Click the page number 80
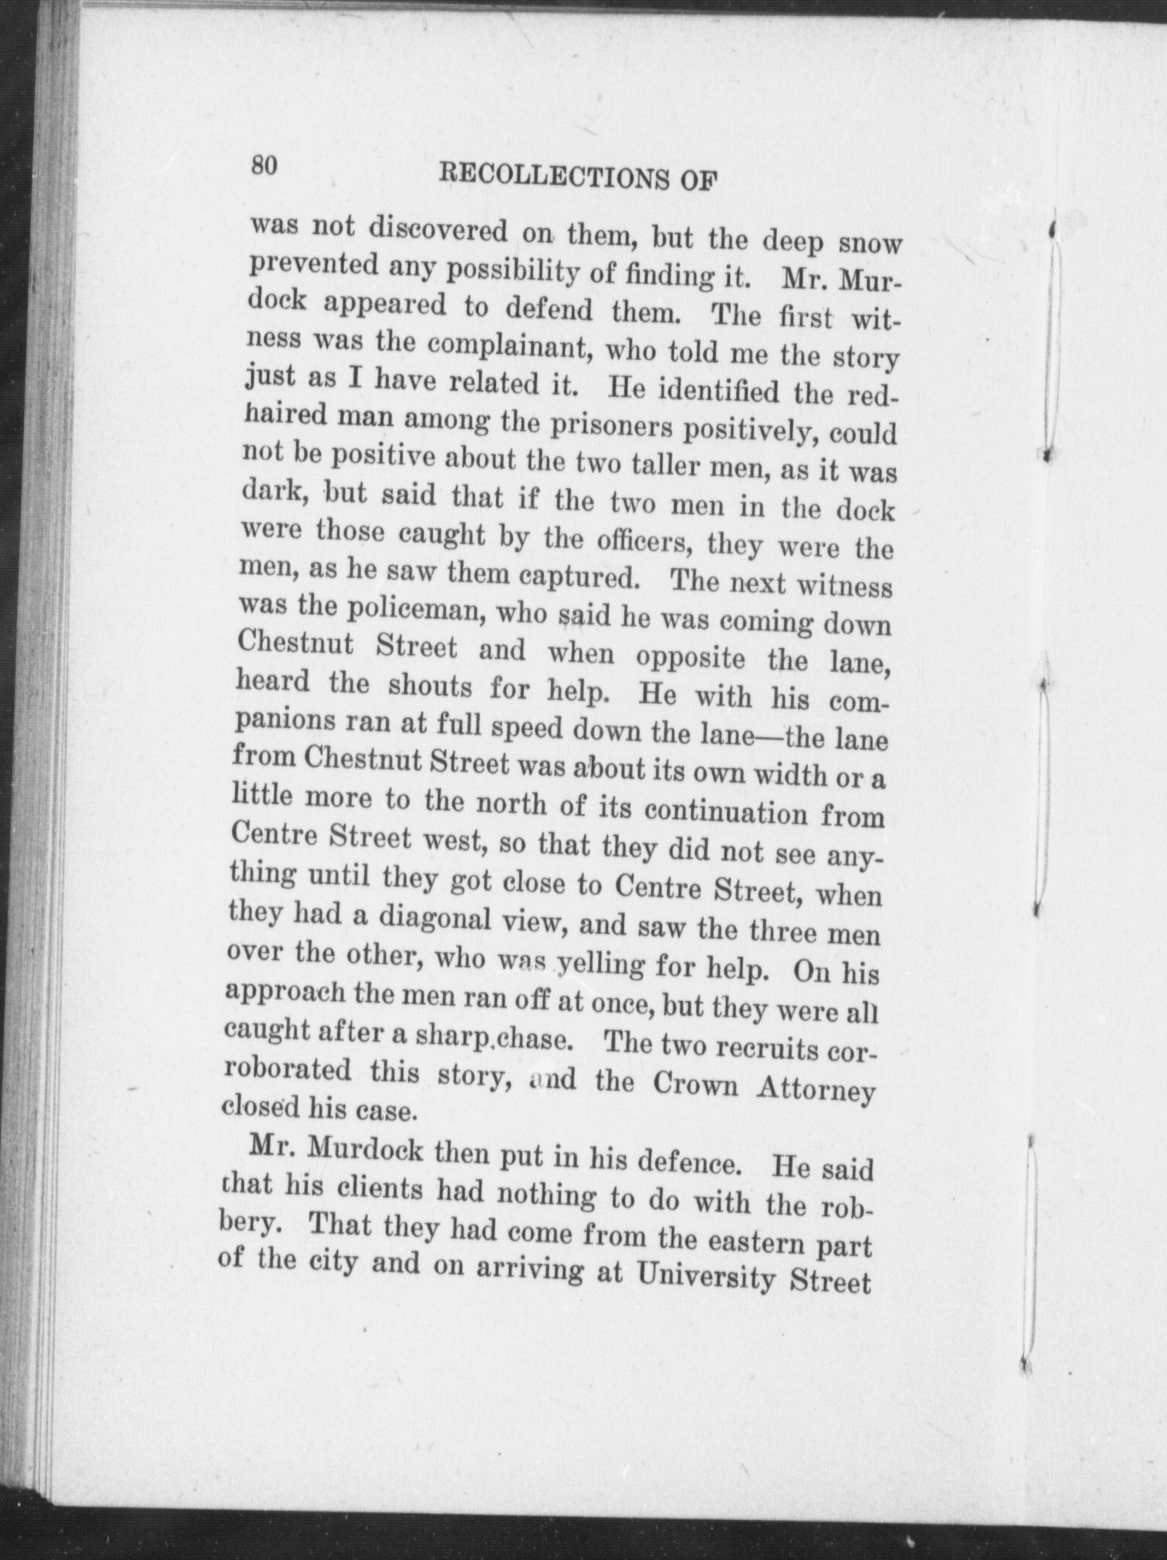(x=262, y=165)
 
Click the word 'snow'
(x=869, y=243)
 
